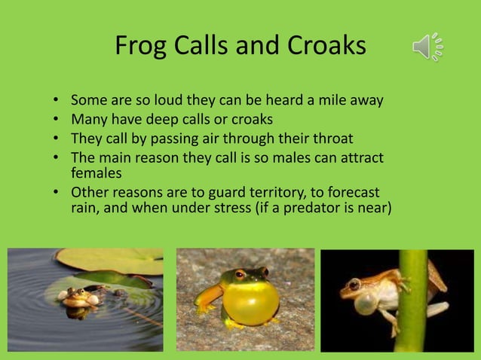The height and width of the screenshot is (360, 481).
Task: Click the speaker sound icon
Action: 427,47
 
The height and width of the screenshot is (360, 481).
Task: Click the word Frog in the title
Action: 140,47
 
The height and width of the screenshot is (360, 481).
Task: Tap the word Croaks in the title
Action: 326,47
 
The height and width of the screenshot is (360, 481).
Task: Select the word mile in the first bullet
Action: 320,100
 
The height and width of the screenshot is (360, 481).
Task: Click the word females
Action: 96,172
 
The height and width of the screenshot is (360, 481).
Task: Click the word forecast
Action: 348,192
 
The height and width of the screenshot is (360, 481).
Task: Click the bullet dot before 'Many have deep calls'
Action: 57,120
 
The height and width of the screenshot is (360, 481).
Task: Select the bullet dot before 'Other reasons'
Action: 57,193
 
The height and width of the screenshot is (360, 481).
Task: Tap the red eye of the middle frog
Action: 240,276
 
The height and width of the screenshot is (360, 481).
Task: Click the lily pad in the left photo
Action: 113,261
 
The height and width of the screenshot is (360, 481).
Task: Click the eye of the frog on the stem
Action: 354,285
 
